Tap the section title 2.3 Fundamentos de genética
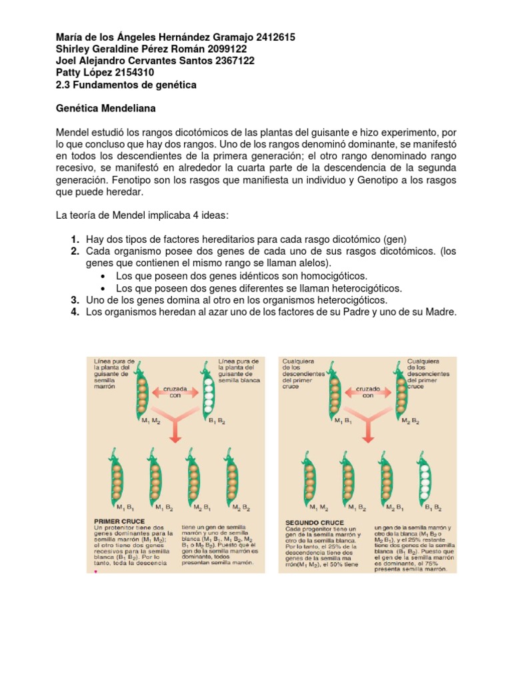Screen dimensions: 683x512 pos(125,85)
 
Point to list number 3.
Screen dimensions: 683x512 pos(76,300)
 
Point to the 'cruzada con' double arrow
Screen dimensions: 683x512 pos(175,391)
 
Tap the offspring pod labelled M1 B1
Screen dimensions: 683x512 pos(117,477)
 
